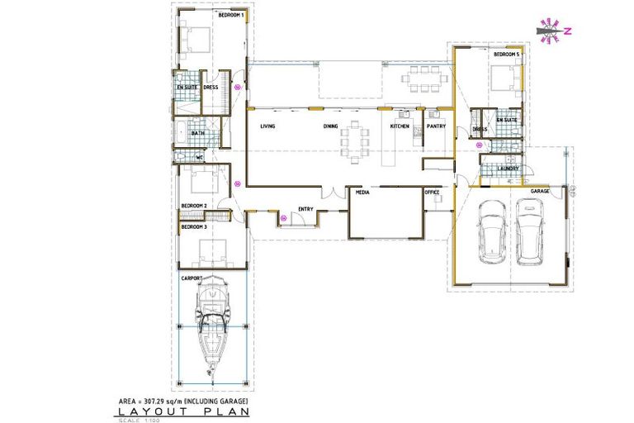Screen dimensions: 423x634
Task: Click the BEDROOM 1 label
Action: point(230,15)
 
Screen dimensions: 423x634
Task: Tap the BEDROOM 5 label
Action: point(505,55)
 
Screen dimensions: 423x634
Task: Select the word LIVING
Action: point(267,126)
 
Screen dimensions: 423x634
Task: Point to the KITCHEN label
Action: point(400,126)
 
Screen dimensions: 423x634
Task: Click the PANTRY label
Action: point(436,126)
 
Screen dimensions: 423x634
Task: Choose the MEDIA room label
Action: point(362,191)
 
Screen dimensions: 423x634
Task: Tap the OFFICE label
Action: point(432,192)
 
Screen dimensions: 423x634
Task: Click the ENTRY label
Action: point(305,209)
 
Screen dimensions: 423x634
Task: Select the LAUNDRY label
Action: point(508,169)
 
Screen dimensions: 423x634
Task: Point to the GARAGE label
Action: point(540,191)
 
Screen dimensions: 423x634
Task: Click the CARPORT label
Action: point(192,278)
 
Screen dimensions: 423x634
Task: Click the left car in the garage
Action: point(493,231)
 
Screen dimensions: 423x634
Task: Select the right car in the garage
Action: point(531,231)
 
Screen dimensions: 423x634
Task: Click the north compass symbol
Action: point(547,30)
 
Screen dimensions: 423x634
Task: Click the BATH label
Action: point(198,133)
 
